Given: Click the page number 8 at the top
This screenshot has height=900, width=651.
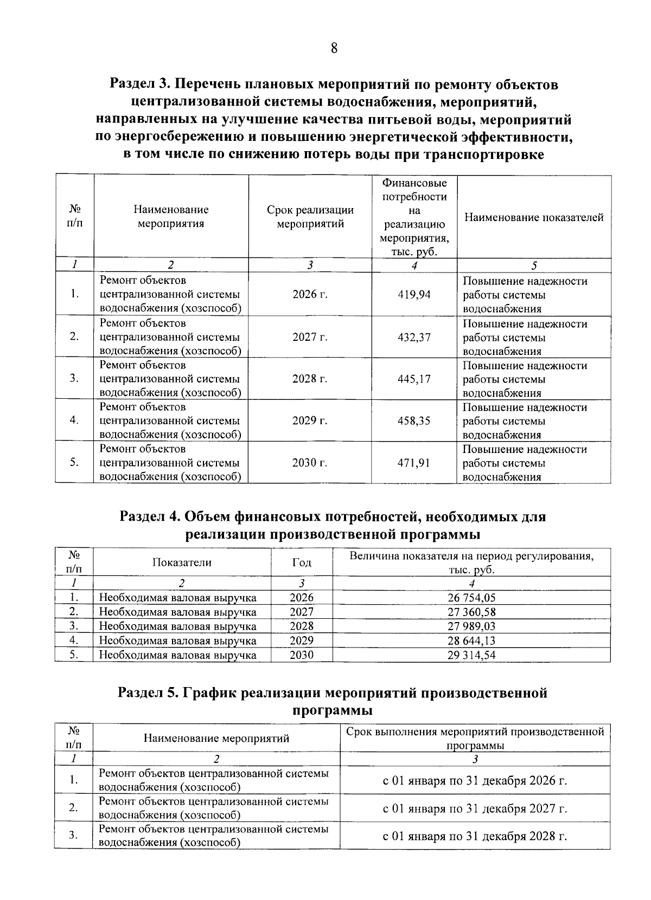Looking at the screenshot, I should pos(334,49).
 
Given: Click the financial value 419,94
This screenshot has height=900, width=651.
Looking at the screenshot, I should pos(414,295).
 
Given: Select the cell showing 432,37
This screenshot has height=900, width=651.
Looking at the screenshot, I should pos(414,337).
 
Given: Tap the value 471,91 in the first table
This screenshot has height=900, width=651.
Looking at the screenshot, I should pos(414,463).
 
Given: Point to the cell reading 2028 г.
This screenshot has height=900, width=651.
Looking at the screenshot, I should pos(310,379).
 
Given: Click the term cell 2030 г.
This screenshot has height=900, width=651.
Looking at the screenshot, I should pos(310,463).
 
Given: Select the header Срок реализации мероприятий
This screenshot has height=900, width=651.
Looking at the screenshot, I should pos(310,217).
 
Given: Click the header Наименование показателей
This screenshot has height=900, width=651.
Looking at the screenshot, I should pos(534,218).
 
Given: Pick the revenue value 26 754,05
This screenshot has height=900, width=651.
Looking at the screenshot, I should pos(471,598).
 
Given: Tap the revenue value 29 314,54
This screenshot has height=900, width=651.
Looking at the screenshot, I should pos(471,655).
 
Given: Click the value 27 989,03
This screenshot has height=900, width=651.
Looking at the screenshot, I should pos(471,626).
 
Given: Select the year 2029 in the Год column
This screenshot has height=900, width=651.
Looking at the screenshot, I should pos(302,640).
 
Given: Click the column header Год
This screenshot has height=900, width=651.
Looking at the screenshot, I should pos(302,562).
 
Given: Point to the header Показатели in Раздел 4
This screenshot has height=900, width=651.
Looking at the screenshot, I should pos(182,562).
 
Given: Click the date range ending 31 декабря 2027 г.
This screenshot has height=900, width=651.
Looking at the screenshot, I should pos(475,808).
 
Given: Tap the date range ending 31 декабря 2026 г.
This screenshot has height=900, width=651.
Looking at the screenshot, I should pos(475,781).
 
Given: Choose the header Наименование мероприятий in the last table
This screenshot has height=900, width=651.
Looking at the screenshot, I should pos(216,738).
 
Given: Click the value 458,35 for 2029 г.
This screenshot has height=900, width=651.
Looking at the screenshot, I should pos(414,421).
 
